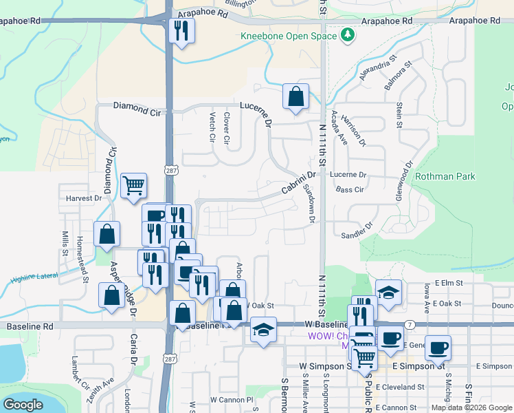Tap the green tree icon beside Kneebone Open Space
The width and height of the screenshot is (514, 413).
pyautogui.click(x=348, y=34)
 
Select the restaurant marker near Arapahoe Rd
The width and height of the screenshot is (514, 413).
pyautogui.click(x=181, y=31)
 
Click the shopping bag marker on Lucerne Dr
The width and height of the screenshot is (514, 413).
pyautogui.click(x=295, y=97)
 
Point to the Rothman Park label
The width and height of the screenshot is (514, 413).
pyautogui.click(x=445, y=177)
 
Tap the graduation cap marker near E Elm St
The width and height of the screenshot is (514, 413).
pyautogui.click(x=388, y=293)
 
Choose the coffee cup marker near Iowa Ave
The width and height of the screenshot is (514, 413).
pyautogui.click(x=438, y=347)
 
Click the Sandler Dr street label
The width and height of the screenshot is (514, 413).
pyautogui.click(x=357, y=231)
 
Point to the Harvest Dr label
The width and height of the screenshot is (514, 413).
pyautogui.click(x=83, y=198)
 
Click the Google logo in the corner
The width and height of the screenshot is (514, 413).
pyautogui.click(x=23, y=405)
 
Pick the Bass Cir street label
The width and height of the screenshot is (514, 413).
pyautogui.click(x=350, y=189)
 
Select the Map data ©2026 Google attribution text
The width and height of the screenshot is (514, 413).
pyautogui.click(x=471, y=407)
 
